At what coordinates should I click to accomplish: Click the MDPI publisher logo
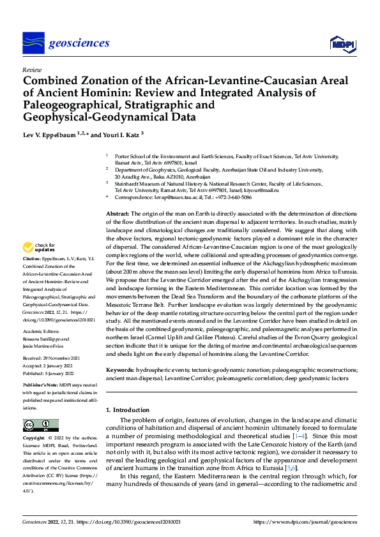[342, 43]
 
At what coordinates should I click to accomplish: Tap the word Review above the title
[31, 69]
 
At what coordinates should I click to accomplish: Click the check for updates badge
[38, 248]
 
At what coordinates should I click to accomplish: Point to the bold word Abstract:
[117, 213]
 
